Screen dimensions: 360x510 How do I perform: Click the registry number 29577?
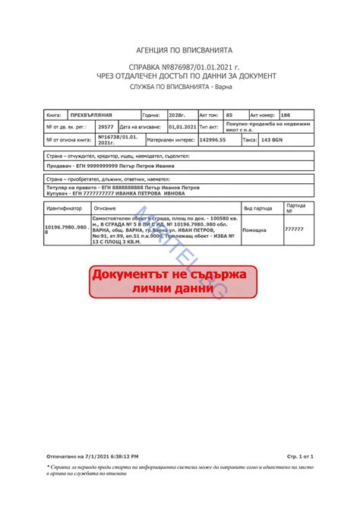click(106, 127)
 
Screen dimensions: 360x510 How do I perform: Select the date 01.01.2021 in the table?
click(182, 127)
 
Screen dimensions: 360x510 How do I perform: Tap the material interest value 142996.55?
click(213, 141)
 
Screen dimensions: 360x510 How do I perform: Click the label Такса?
click(249, 141)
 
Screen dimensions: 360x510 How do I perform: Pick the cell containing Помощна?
click(254, 229)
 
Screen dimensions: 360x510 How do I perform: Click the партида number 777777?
click(294, 229)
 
